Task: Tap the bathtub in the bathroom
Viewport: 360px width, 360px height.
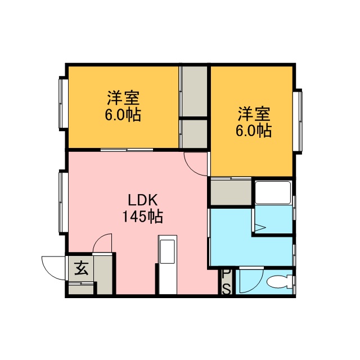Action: tap(273, 192)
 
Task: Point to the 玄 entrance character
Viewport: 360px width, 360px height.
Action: tap(81, 268)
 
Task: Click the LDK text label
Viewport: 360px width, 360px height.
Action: tap(142, 200)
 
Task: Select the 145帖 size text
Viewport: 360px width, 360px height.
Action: tap(143, 216)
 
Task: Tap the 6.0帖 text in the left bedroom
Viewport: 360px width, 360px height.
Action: tap(123, 115)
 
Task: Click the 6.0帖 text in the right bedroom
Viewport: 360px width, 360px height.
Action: tap(254, 130)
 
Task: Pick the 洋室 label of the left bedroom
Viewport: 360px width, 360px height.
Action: tap(123, 98)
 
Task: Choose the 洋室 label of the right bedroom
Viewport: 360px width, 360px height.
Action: tap(254, 114)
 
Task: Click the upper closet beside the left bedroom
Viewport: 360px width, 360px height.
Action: tap(194, 91)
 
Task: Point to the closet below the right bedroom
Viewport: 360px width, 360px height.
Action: tap(231, 192)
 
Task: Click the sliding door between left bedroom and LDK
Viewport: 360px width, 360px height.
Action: tap(127, 150)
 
